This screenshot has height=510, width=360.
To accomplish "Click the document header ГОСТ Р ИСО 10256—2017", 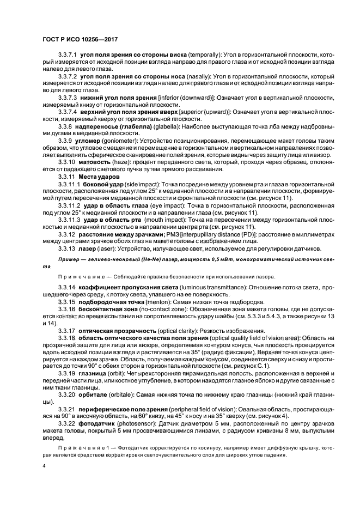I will click(x=80, y=39).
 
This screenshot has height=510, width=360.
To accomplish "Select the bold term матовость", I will click(x=97, y=162).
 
